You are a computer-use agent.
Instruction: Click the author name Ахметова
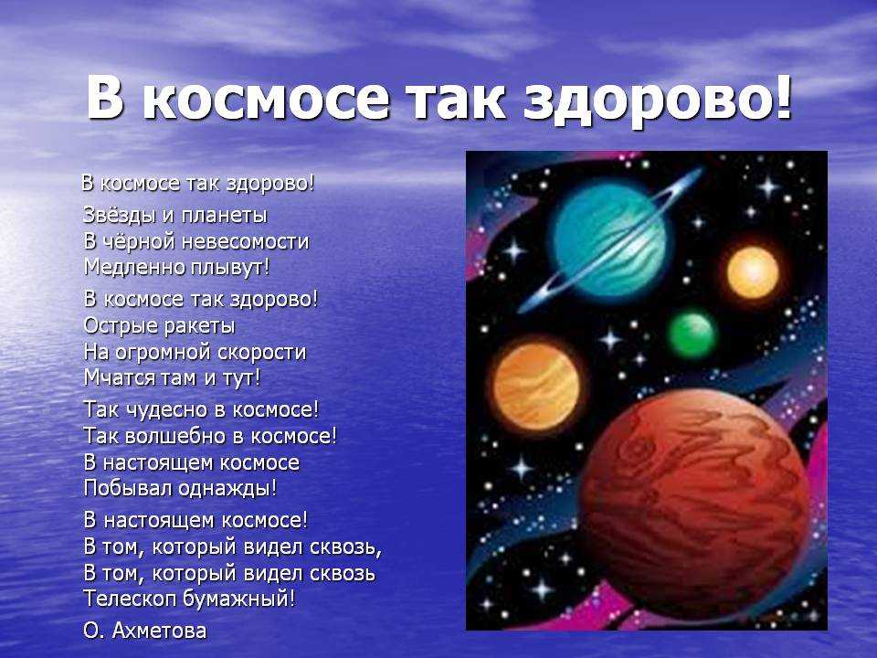(159, 631)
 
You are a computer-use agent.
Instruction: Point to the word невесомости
(245, 241)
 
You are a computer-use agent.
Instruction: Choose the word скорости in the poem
(261, 353)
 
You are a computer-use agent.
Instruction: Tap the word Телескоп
(131, 600)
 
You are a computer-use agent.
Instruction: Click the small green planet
(692, 334)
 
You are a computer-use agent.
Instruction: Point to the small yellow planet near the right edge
(753, 272)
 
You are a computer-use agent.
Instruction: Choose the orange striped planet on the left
(536, 386)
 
